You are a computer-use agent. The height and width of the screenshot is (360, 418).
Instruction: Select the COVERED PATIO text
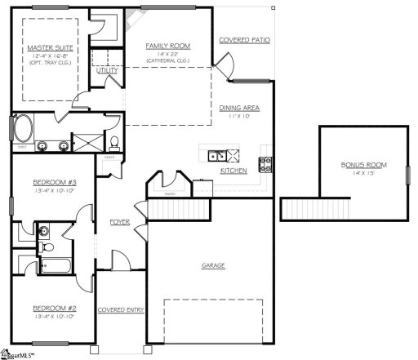click(x=245, y=39)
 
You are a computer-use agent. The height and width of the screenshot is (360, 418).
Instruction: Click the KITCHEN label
click(x=233, y=171)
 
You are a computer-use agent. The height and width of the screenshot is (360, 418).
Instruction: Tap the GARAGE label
click(x=214, y=265)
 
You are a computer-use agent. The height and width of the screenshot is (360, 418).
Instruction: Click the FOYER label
click(x=121, y=221)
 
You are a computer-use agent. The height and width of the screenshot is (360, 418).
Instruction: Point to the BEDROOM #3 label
click(x=55, y=181)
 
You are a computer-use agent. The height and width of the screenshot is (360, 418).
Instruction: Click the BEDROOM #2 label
click(x=55, y=309)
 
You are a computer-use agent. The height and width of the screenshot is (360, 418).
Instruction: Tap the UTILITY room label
click(x=107, y=71)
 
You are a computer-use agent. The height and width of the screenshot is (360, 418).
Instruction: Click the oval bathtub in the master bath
click(x=23, y=129)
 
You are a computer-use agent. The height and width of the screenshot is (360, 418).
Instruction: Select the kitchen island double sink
click(x=217, y=155)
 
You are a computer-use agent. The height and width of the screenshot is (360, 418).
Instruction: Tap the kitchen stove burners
click(x=265, y=162)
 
